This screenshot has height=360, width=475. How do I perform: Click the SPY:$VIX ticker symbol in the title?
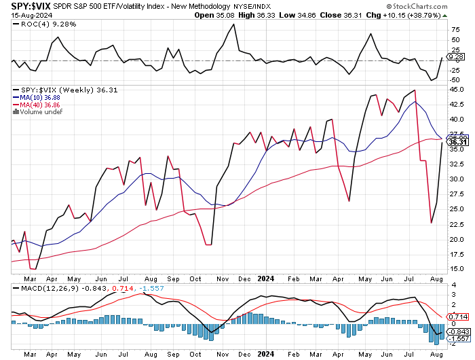(20, 5)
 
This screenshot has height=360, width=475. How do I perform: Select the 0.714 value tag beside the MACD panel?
(459, 317)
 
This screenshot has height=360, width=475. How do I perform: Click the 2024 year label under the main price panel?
(265, 278)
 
